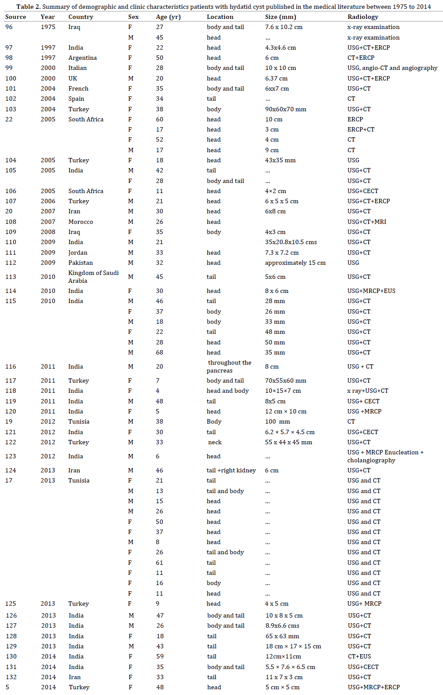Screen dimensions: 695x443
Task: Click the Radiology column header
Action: (x=363, y=17)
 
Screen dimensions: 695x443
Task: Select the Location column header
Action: (x=220, y=17)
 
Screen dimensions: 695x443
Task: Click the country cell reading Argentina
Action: (x=82, y=58)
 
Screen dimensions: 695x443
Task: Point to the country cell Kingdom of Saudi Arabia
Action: (x=93, y=277)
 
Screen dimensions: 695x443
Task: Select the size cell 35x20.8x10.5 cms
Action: (x=290, y=242)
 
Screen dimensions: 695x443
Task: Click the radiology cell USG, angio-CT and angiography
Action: (x=392, y=68)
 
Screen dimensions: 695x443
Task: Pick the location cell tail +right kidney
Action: (x=231, y=470)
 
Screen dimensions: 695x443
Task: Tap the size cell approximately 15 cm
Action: (x=295, y=263)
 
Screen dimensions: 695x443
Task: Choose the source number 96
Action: (x=9, y=27)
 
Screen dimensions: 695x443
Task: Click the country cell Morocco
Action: (x=80, y=222)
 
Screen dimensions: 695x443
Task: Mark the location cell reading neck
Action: (x=215, y=442)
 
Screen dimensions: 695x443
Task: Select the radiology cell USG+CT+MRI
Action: (x=367, y=222)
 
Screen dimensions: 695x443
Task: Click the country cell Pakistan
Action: (x=80, y=263)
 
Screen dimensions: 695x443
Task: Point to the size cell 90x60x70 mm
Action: (x=285, y=109)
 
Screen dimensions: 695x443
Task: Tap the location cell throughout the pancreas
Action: (x=229, y=366)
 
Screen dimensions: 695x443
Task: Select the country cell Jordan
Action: (x=78, y=252)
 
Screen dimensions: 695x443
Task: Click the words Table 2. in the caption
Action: (x=28, y=7)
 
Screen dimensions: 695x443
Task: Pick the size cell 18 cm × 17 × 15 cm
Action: (x=293, y=646)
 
